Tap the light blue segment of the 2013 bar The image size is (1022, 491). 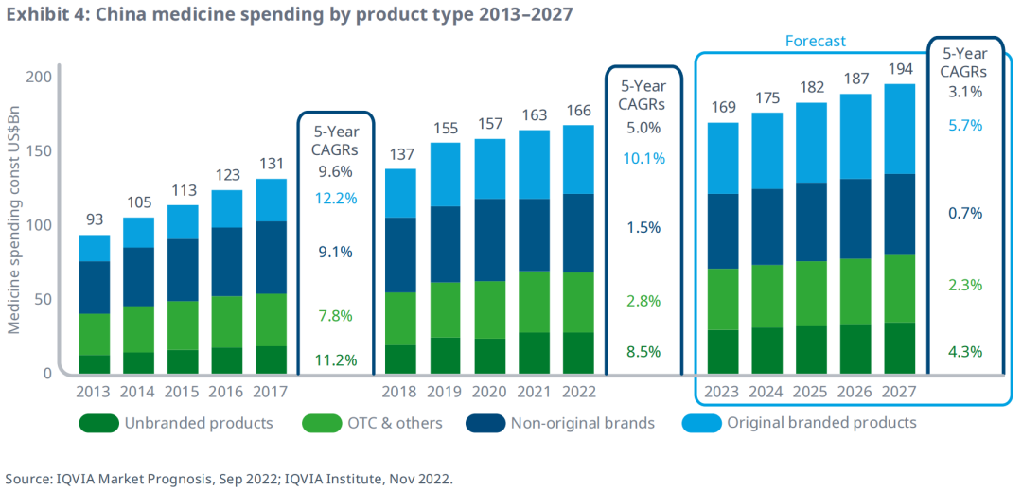[95, 248]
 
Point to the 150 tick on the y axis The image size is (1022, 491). [39, 150]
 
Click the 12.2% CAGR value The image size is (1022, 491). [336, 199]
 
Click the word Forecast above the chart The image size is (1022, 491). [815, 41]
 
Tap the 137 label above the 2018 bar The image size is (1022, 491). [401, 154]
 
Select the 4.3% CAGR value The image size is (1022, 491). [964, 352]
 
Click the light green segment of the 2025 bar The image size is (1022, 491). [811, 293]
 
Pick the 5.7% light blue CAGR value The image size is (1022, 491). [964, 125]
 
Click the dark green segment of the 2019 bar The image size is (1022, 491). [445, 355]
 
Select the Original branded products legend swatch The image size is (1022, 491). [703, 423]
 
